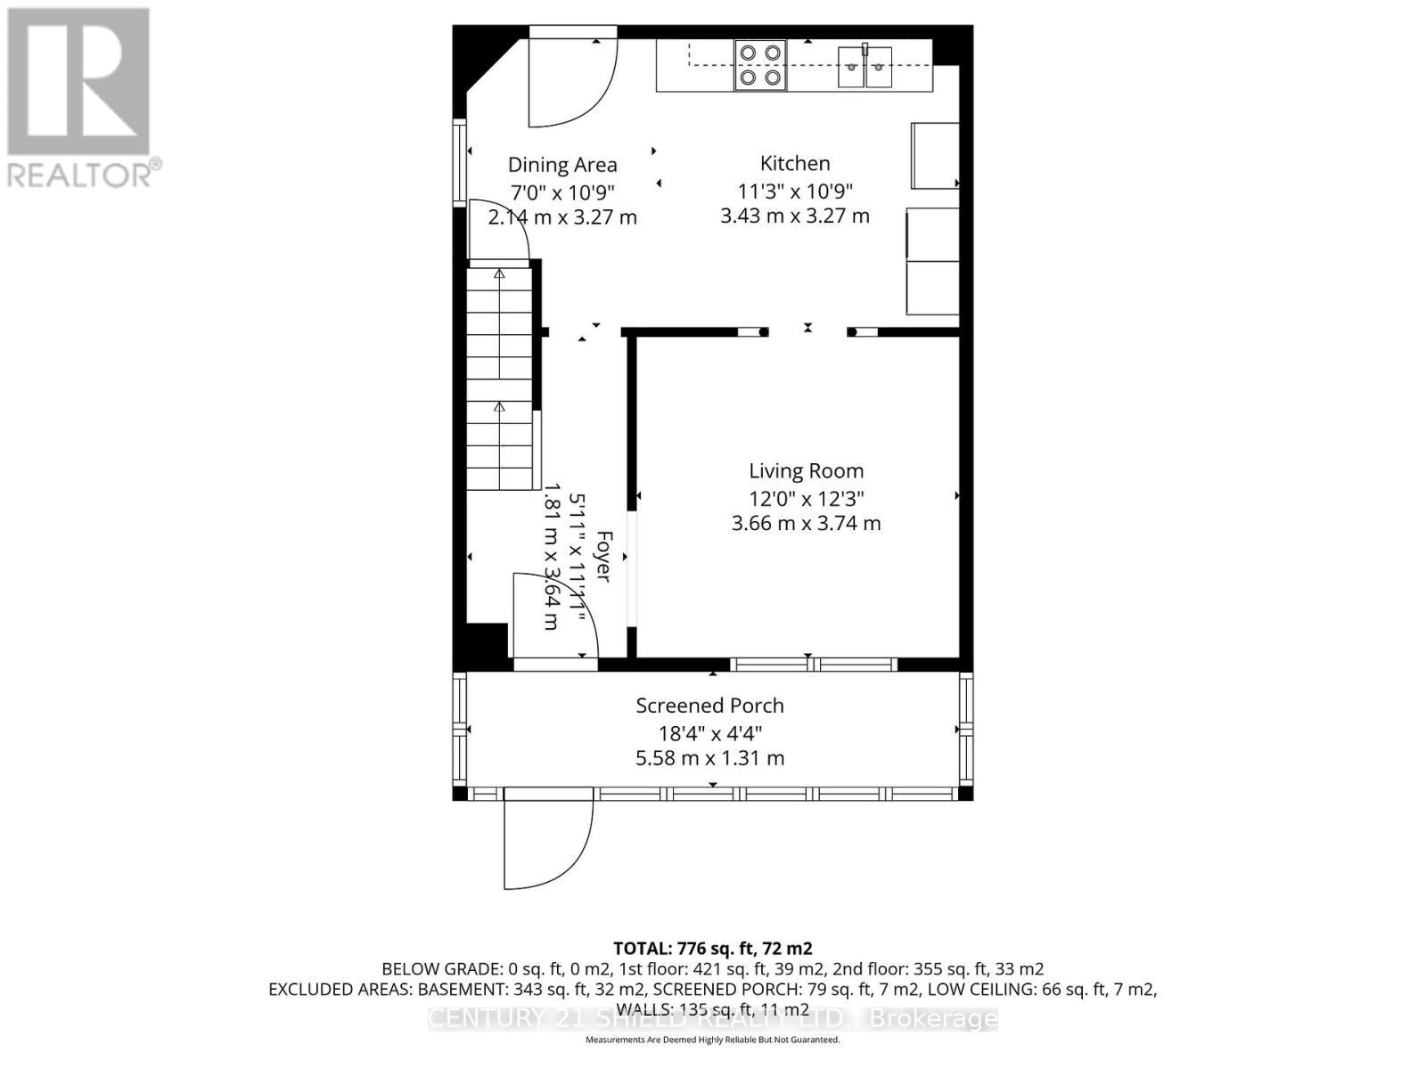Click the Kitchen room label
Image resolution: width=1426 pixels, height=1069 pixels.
point(795,163)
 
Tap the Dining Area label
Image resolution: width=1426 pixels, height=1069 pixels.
point(562,165)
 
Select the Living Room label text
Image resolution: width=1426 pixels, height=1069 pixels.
point(806,471)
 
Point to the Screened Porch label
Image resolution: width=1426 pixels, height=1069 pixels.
point(709,706)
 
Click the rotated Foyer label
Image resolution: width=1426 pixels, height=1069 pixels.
point(603,557)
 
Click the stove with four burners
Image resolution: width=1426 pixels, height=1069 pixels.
point(760,65)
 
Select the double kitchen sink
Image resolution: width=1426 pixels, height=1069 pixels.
point(865,66)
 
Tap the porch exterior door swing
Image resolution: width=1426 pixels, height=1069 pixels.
point(544,842)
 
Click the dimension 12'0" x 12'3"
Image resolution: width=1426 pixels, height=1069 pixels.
point(806,498)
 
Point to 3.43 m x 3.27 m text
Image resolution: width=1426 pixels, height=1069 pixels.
point(795,216)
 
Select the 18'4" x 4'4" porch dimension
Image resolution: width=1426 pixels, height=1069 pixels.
point(709,733)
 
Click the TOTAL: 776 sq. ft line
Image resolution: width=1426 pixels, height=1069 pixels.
point(712,949)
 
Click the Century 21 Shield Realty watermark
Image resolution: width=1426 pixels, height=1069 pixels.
point(712,1018)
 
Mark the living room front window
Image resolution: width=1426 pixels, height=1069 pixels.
point(813,665)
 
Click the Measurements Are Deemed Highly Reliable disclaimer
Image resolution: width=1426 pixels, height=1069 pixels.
point(712,1040)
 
